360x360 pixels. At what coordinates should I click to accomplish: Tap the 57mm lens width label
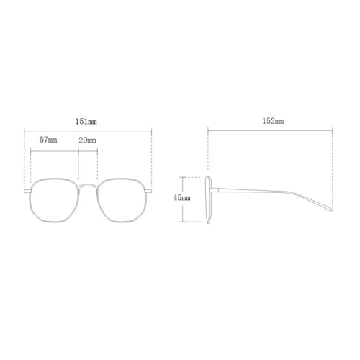[48, 139]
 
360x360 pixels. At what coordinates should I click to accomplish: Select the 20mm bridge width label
[87, 139]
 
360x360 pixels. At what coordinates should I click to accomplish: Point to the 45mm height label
[181, 197]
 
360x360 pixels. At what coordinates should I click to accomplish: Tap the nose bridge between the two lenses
[89, 184]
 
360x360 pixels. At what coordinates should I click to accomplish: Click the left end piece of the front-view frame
[27, 192]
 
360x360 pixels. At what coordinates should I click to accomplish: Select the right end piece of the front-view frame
[151, 192]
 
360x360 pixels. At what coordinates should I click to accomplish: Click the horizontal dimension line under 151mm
[89, 130]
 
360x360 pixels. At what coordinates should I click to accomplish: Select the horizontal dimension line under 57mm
[55, 147]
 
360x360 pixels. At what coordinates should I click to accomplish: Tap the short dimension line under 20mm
[87, 147]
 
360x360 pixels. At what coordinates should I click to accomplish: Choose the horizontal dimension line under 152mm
[271, 130]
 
